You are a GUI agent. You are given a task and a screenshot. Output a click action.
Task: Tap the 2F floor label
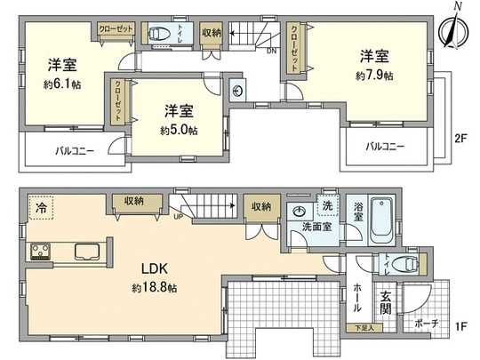pyautogui.click(x=460, y=139)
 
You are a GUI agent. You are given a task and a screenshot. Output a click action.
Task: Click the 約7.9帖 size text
pyautogui.click(x=373, y=76)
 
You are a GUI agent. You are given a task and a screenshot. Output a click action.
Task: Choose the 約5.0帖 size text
pyautogui.click(x=179, y=130)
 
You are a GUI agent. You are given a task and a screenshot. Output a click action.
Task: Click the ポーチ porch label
pyautogui.click(x=427, y=324)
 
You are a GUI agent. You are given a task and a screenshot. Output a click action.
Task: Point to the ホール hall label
pyautogui.click(x=356, y=297)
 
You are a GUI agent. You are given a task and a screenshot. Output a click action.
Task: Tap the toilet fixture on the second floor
pyautogui.click(x=160, y=35)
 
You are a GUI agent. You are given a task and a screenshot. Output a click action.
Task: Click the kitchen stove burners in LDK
pyautogui.click(x=41, y=251)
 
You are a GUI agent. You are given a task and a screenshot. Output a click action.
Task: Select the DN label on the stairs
pyautogui.click(x=271, y=51)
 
